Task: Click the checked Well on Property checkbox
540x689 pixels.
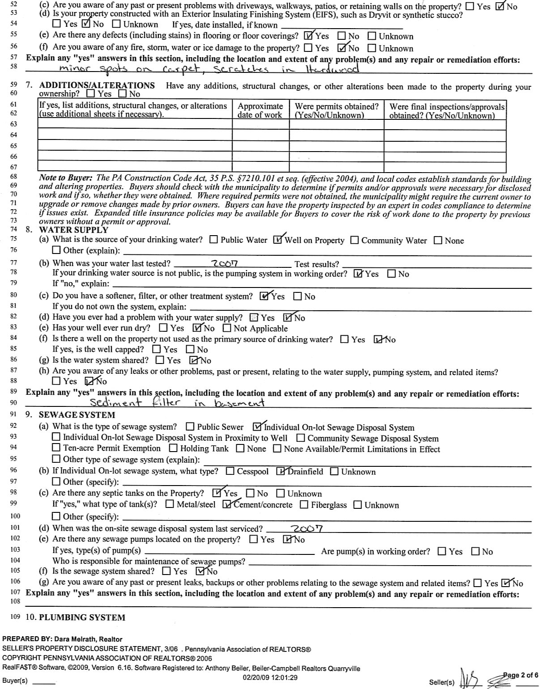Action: (x=278, y=240)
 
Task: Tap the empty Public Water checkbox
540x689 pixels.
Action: (x=214, y=240)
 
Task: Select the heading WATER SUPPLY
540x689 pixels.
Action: (x=73, y=230)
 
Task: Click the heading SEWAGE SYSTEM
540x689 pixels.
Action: (x=77, y=415)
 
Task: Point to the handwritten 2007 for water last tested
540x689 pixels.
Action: (x=225, y=263)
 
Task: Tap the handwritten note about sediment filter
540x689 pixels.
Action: (x=177, y=402)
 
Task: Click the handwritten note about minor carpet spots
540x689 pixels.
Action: (x=209, y=69)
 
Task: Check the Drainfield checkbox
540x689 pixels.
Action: (x=281, y=471)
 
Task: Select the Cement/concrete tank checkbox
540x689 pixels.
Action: (x=227, y=505)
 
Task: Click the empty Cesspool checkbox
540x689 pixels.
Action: (x=230, y=471)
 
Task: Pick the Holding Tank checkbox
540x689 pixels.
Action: (x=173, y=448)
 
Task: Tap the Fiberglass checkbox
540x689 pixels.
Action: (x=304, y=505)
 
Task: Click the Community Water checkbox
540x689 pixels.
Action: (x=354, y=240)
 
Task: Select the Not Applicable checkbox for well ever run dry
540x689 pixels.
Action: (x=226, y=328)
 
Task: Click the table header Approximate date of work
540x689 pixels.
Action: (x=260, y=110)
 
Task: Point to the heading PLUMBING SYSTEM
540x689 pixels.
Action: (x=82, y=617)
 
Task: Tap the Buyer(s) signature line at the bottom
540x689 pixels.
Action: (x=44, y=684)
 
